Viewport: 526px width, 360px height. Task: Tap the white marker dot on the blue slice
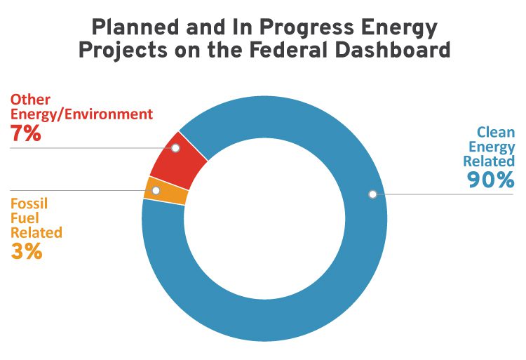click(x=372, y=194)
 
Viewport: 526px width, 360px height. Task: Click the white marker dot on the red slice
click(x=175, y=148)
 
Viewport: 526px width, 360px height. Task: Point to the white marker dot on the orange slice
click(x=156, y=190)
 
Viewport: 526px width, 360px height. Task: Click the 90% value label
click(x=490, y=180)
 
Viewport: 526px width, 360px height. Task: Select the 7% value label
click(x=26, y=133)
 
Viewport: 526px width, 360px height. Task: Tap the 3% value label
click(x=27, y=251)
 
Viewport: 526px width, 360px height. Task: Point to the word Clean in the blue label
click(x=496, y=132)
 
